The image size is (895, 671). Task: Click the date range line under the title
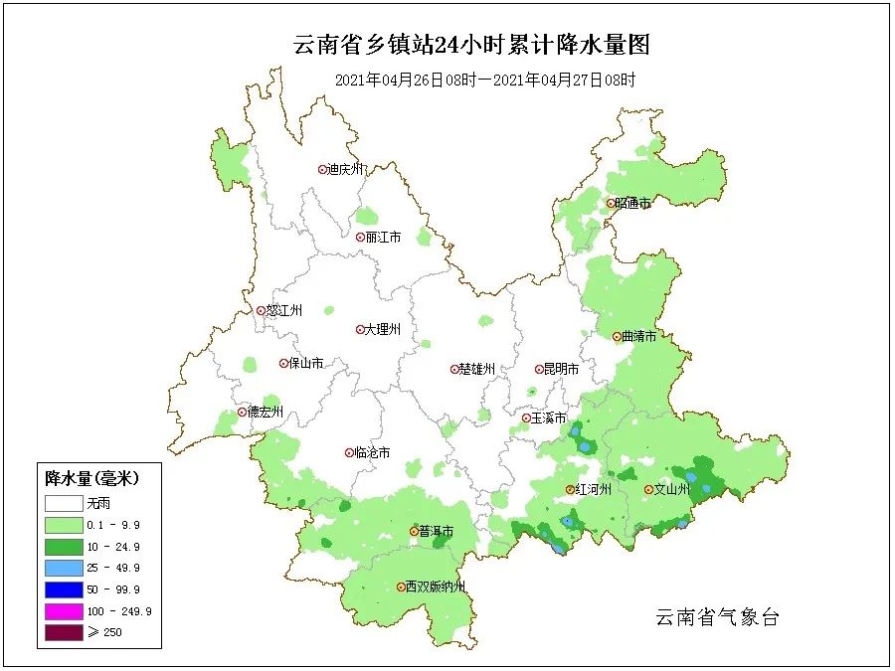(484, 80)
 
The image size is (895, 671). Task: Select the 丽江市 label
(383, 238)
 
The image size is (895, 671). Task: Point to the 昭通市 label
(632, 203)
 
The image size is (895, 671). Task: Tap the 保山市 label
(306, 364)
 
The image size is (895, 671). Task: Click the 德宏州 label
(266, 412)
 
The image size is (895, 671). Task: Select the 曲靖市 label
(638, 337)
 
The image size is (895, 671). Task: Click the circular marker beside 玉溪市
(526, 419)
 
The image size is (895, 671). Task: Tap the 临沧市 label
(373, 452)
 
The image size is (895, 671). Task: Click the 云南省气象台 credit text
(717, 617)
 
